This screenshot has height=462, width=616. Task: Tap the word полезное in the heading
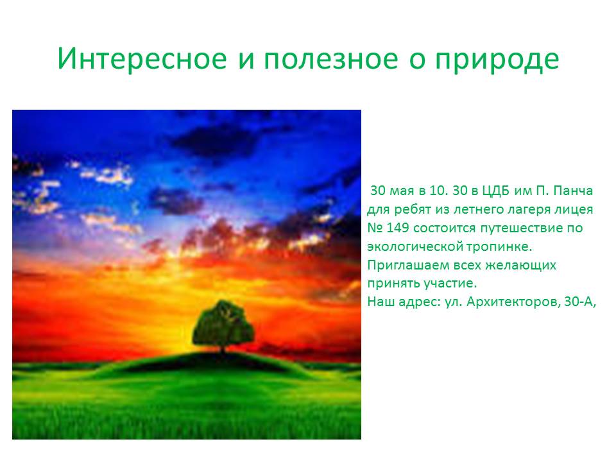(x=331, y=60)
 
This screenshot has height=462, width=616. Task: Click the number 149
(x=398, y=227)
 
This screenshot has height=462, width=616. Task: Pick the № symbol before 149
(x=375, y=227)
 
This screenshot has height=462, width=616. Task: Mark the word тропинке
(x=499, y=247)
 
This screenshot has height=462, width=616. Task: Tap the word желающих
(x=520, y=265)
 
